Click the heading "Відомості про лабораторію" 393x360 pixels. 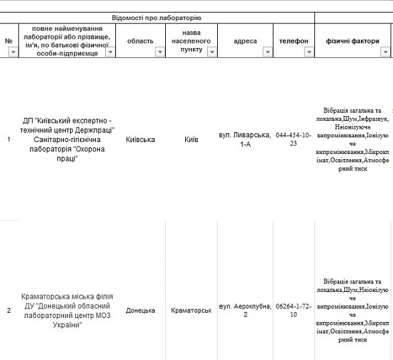[x=157, y=17]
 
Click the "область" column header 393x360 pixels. [x=140, y=41]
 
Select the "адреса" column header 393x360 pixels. [x=245, y=41]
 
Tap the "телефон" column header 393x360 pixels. [x=293, y=41]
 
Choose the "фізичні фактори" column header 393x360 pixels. [x=352, y=41]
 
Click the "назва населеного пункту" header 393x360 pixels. [x=191, y=41]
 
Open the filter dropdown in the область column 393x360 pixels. [x=160, y=51]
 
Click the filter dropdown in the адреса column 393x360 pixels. [x=268, y=51]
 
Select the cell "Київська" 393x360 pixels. [x=140, y=139]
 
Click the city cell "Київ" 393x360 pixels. [x=191, y=139]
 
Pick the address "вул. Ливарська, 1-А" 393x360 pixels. [x=245, y=139]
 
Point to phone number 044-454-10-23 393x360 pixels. [x=293, y=139]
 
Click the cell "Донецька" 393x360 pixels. [x=140, y=310]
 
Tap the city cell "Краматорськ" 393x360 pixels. [x=191, y=310]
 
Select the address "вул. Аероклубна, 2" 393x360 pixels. [x=245, y=310]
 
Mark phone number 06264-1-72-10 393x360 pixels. [x=293, y=310]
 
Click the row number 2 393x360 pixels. [x=9, y=310]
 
